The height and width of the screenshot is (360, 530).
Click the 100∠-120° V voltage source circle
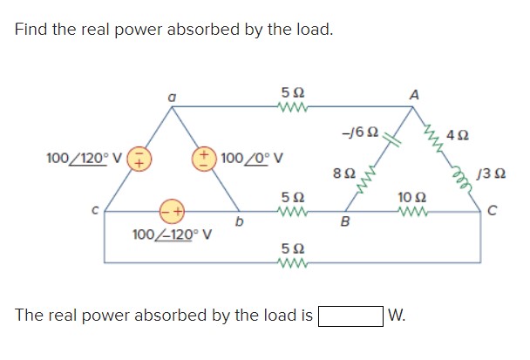[x=171, y=210]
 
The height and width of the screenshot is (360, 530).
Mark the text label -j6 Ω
[x=360, y=132]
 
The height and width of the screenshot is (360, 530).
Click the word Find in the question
[x=32, y=30]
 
